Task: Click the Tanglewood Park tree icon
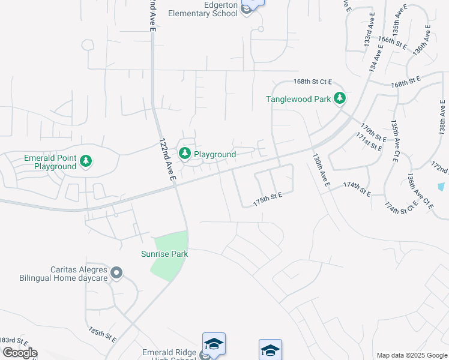coord(340,98)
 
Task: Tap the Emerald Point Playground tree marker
coord(86,160)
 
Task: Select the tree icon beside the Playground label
coord(185,154)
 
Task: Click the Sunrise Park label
coord(164,254)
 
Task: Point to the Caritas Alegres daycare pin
coord(117,274)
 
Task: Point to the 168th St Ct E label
coord(313,81)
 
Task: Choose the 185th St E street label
coord(102,334)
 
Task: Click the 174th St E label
coord(357,188)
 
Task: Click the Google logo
coord(20,353)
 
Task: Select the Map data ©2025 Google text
coord(412,355)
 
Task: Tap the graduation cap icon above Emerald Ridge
coord(214,344)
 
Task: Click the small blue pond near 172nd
coord(442,187)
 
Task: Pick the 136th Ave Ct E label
coord(420,190)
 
